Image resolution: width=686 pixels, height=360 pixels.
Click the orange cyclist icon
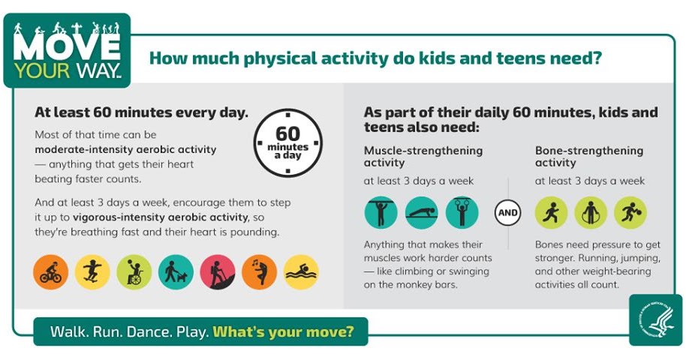[51, 272]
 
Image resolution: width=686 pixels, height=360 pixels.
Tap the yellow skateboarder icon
[92, 272]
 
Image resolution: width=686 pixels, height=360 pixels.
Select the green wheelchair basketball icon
[134, 272]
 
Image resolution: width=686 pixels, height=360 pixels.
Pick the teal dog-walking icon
[176, 272]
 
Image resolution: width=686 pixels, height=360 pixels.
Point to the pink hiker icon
[218, 272]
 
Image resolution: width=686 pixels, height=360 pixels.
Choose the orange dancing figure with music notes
[259, 272]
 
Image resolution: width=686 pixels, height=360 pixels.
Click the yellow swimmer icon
[301, 272]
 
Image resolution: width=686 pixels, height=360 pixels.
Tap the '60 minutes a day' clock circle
[287, 142]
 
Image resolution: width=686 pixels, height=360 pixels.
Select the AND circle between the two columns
[507, 213]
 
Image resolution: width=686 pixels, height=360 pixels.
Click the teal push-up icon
[421, 213]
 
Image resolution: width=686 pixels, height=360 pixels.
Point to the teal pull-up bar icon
[381, 213]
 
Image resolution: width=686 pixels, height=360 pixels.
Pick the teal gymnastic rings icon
[462, 213]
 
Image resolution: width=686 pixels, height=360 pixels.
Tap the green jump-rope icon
[591, 213]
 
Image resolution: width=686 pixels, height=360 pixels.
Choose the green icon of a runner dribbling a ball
[630, 213]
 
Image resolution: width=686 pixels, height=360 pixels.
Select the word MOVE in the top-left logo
[66, 46]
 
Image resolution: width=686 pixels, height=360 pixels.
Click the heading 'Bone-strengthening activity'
[589, 156]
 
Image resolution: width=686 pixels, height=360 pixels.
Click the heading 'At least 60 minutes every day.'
[141, 112]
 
